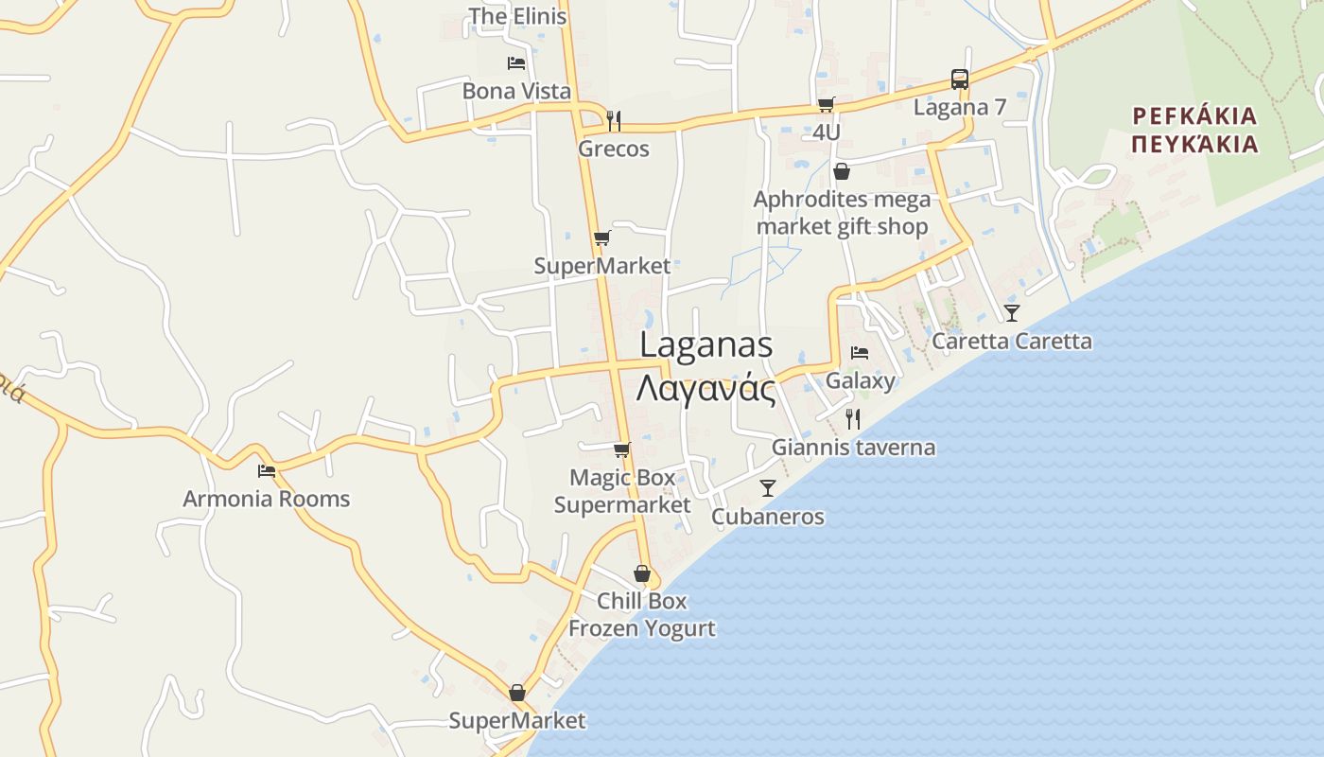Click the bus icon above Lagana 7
tap(959, 79)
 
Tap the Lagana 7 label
tap(959, 107)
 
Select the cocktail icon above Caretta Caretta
tap(1012, 312)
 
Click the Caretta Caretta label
tap(1012, 341)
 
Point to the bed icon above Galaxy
tap(859, 353)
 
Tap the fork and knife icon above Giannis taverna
tap(853, 418)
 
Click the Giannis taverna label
tap(853, 448)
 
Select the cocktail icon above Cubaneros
tap(767, 488)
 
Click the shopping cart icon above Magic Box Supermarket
tap(621, 449)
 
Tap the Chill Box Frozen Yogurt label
tap(641, 614)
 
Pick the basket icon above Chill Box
tap(642, 573)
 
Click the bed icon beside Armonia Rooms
tap(267, 470)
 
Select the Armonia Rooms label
tap(267, 499)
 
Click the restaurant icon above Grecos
tap(614, 120)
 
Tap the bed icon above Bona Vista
tap(516, 63)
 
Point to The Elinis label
tap(517, 16)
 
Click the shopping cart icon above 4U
tap(826, 104)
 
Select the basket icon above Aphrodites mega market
tap(841, 171)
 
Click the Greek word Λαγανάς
tap(706, 388)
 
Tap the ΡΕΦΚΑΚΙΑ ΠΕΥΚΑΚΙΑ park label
tap(1194, 130)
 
